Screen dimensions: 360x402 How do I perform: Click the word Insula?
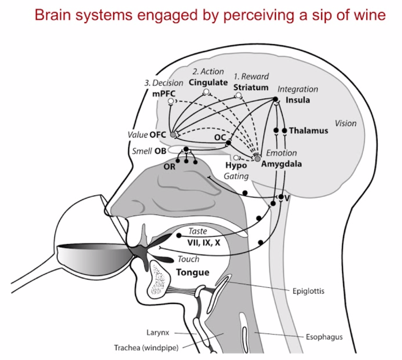tap(298, 100)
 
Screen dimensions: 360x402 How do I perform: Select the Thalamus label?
tap(308, 131)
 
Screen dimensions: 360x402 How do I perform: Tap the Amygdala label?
tap(281, 164)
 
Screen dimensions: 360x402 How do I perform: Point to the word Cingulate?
tap(208, 82)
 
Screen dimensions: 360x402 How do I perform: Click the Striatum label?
tap(251, 87)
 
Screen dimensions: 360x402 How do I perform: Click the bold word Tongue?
tap(193, 272)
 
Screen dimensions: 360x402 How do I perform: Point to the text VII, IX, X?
tap(204, 242)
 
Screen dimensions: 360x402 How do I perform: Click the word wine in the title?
tap(368, 15)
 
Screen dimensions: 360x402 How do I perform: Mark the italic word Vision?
tap(346, 123)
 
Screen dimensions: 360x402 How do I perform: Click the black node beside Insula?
tap(276, 99)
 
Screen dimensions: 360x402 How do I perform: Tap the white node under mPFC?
tap(171, 101)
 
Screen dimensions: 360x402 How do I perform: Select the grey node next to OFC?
tap(173, 135)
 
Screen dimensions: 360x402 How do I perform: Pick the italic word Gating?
tap(236, 177)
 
